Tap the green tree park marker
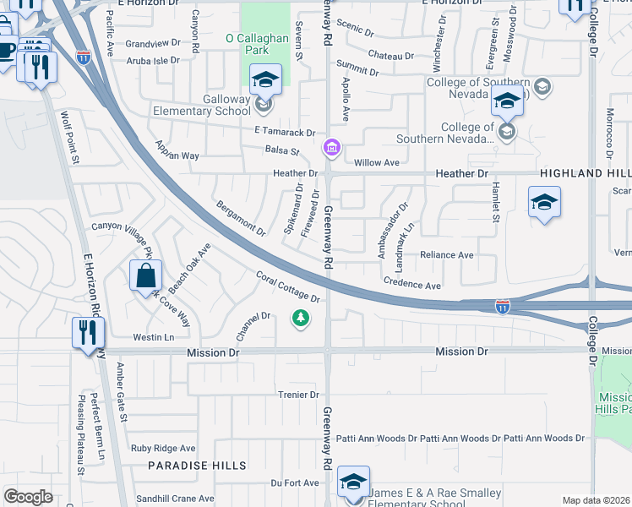(x=299, y=318)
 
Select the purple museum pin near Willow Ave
(x=332, y=150)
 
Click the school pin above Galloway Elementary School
(x=266, y=79)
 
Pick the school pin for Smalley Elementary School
(x=353, y=482)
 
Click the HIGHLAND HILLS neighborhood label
(x=586, y=172)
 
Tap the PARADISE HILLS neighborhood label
(x=197, y=466)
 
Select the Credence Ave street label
(x=412, y=286)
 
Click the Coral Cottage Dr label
(x=289, y=287)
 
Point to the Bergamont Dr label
(x=241, y=218)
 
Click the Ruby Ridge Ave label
(x=163, y=449)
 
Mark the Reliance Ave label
(x=447, y=254)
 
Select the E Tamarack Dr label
(x=284, y=133)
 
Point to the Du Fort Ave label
(x=295, y=482)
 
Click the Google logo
(x=28, y=497)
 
